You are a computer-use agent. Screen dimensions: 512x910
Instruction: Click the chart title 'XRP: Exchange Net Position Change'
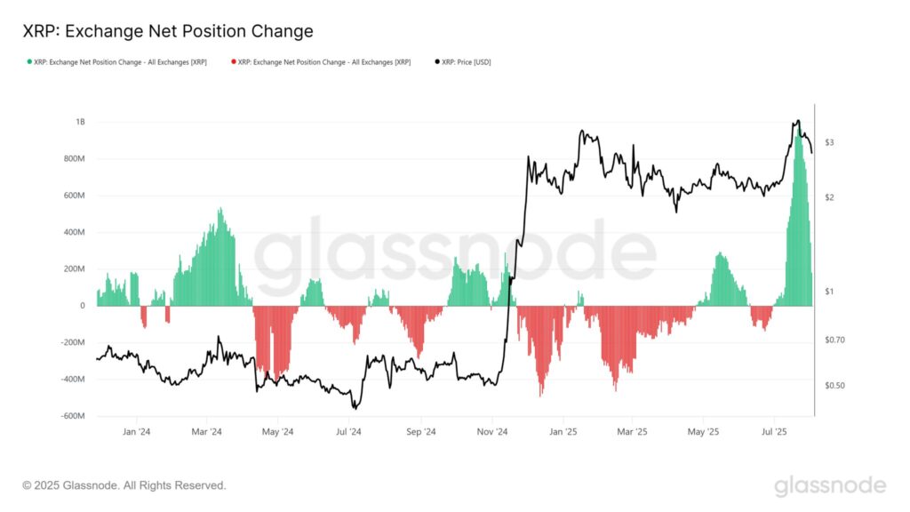(x=167, y=31)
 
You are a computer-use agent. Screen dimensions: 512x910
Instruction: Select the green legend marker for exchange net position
(x=29, y=61)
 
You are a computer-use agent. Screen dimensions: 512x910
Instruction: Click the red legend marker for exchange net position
(x=233, y=61)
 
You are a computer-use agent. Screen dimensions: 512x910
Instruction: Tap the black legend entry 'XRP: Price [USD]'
(x=467, y=61)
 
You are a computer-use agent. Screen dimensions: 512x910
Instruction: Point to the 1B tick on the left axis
(x=80, y=122)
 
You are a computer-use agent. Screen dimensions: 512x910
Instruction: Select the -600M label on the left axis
(x=71, y=416)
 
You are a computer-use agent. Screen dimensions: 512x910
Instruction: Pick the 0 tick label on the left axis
(x=83, y=306)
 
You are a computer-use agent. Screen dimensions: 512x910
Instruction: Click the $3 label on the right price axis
(x=828, y=142)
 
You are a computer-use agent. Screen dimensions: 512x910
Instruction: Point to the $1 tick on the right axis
(x=828, y=292)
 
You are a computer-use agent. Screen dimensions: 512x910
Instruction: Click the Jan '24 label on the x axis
(x=136, y=432)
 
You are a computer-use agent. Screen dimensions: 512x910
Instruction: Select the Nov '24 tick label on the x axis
(x=491, y=432)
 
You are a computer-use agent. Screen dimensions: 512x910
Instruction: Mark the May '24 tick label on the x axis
(x=277, y=432)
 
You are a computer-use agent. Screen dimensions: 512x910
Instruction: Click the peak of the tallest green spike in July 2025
(x=798, y=126)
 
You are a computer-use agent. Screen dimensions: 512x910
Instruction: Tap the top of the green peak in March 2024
(x=220, y=209)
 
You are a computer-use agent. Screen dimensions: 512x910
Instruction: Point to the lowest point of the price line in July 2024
(x=355, y=408)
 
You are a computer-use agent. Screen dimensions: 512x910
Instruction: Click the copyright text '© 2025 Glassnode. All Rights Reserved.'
(x=124, y=485)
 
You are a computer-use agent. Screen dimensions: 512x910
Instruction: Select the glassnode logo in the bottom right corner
(x=829, y=485)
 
